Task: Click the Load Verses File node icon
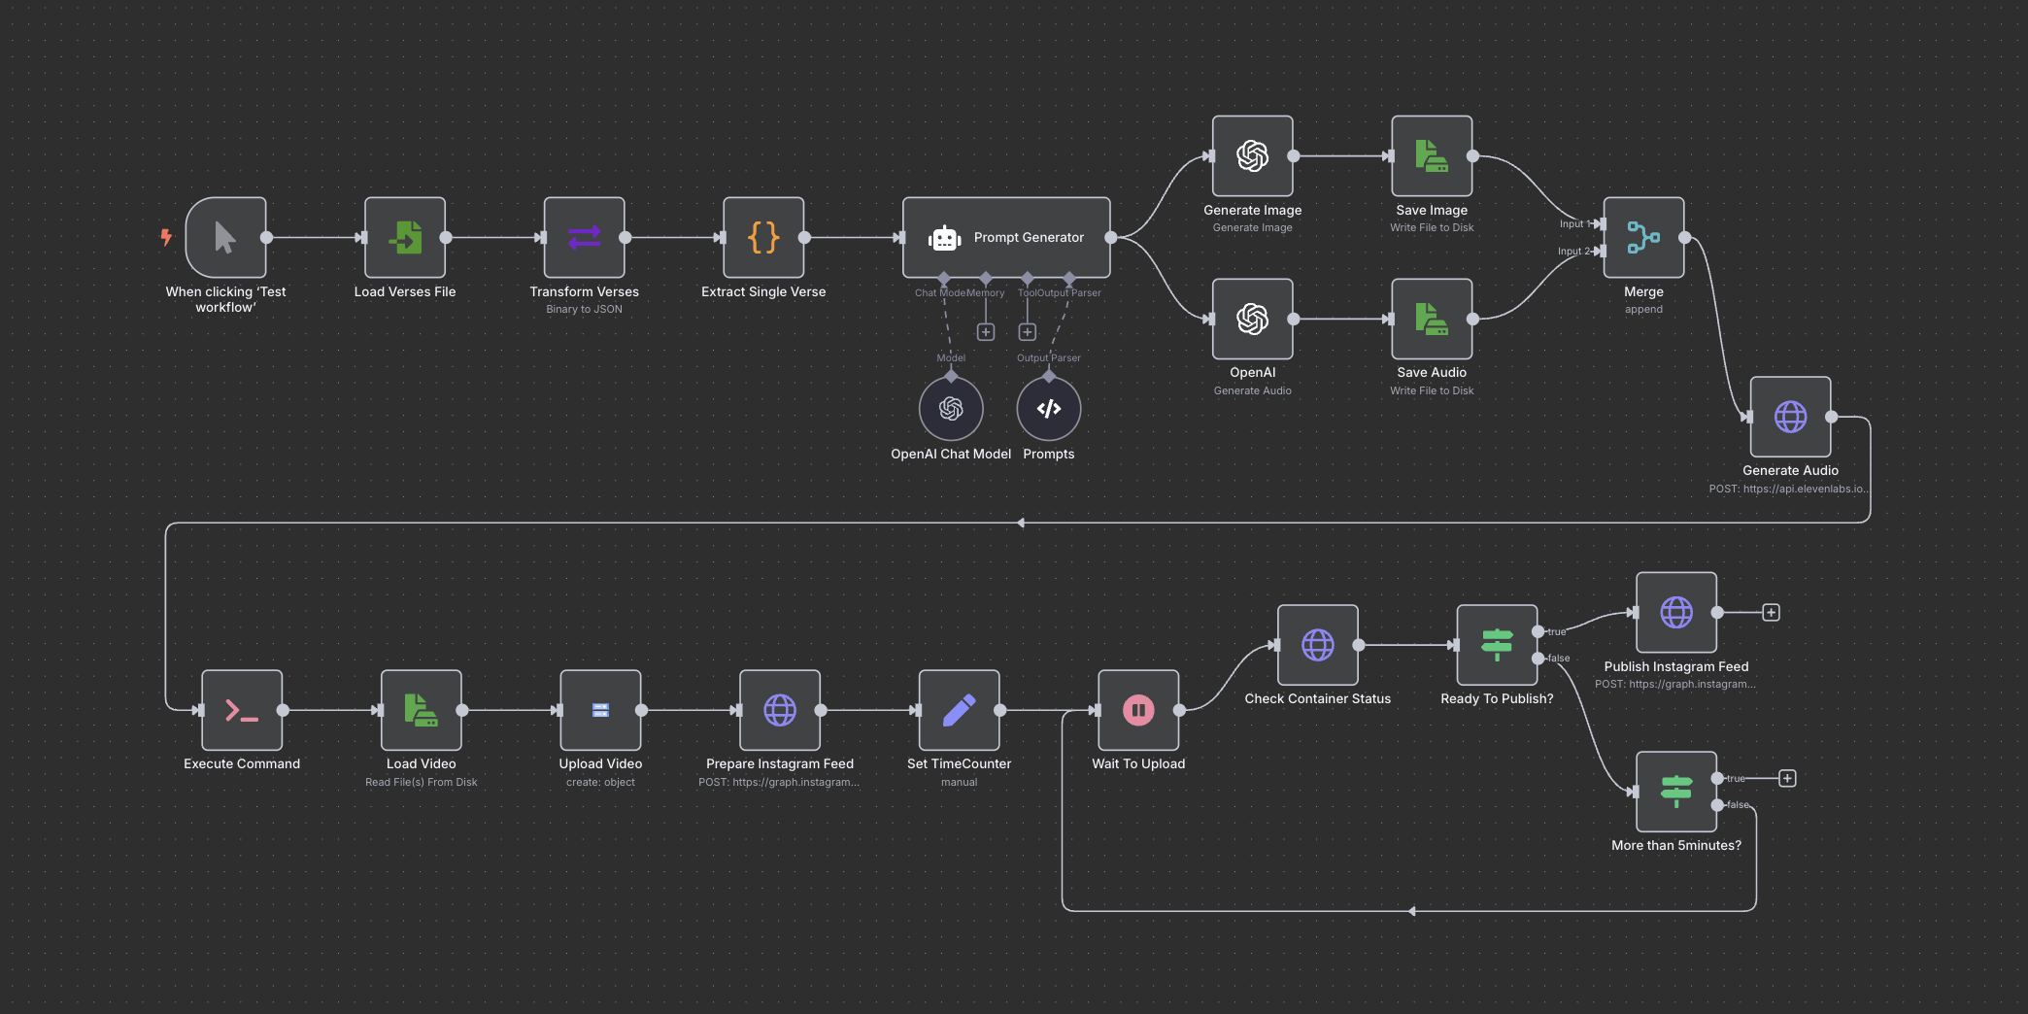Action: point(405,237)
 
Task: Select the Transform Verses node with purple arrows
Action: point(584,237)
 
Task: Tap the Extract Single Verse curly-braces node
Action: point(763,237)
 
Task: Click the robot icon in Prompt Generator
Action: point(944,238)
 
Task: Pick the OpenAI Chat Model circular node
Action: point(951,409)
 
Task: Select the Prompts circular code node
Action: point(1048,409)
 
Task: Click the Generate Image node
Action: point(1252,155)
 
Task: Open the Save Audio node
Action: point(1432,319)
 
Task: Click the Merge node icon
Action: point(1643,237)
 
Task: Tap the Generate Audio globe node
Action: point(1790,417)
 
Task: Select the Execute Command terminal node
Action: point(242,710)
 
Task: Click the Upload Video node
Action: point(600,710)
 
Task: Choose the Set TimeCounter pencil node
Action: point(959,710)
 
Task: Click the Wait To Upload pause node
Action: point(1138,710)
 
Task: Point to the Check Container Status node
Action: point(1317,645)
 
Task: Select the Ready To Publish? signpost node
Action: point(1497,645)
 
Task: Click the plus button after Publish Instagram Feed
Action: point(1771,613)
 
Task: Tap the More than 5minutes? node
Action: point(1675,792)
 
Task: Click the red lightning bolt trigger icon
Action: point(166,236)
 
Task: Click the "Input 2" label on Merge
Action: point(1572,252)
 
